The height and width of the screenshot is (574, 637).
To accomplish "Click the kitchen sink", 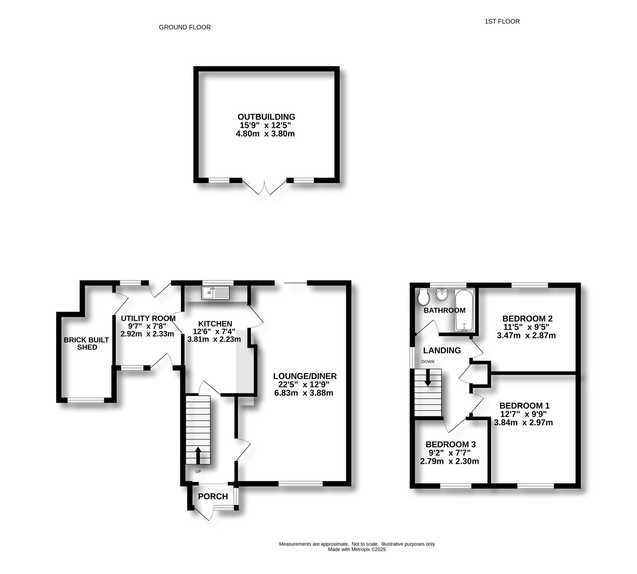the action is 215,292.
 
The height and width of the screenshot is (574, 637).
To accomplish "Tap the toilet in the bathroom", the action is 423,297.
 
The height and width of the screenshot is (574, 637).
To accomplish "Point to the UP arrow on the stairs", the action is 198,455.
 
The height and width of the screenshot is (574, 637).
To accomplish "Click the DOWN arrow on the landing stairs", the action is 428,377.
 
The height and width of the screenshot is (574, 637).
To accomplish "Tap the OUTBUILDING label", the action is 266,117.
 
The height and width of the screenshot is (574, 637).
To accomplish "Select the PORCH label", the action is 213,496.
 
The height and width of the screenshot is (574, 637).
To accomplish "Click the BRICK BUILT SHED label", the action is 87,343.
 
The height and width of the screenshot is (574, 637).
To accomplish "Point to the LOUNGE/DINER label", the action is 305,376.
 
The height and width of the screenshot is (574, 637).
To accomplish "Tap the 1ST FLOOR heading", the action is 502,22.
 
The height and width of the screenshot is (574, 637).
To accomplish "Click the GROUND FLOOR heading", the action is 185,27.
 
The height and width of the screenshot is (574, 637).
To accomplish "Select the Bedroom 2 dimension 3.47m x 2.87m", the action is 526,335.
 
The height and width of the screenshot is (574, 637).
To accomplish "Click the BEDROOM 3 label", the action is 451,444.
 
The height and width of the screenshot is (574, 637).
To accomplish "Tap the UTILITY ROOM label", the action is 148,318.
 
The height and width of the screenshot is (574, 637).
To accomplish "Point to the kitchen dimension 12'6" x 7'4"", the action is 214,331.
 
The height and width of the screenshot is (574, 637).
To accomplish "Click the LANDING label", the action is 442,350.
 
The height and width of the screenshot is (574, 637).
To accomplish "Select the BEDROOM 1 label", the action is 524,405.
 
